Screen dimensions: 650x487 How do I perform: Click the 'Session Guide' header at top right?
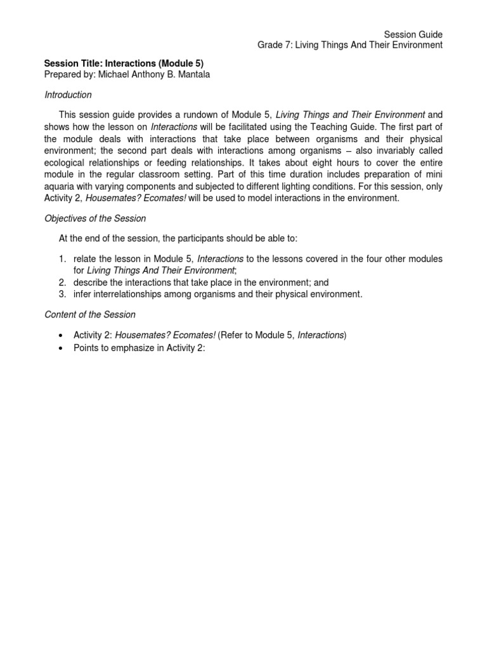413,34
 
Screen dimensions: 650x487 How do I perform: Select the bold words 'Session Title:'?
73,63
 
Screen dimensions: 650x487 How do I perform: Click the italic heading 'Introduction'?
68,95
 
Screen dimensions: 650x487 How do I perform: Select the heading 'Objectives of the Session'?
94,218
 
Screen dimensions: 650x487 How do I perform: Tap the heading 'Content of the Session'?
89,314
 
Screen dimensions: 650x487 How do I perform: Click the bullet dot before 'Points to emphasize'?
60,348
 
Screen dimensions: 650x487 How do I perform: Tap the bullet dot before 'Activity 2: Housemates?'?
60,335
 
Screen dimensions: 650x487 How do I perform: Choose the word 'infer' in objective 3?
82,294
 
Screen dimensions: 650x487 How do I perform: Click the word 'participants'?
184,239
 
